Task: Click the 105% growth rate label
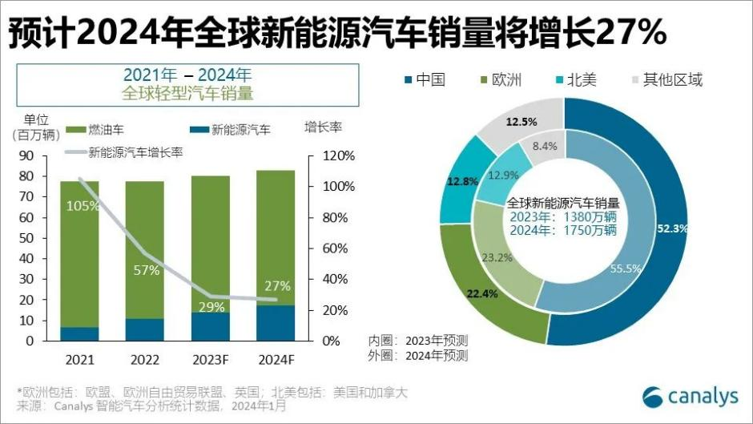83,206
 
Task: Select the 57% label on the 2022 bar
146,270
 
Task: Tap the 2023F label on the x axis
210,358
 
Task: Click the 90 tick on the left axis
26,155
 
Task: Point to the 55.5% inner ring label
625,269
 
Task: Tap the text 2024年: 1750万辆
565,230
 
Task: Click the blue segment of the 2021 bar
80,333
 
